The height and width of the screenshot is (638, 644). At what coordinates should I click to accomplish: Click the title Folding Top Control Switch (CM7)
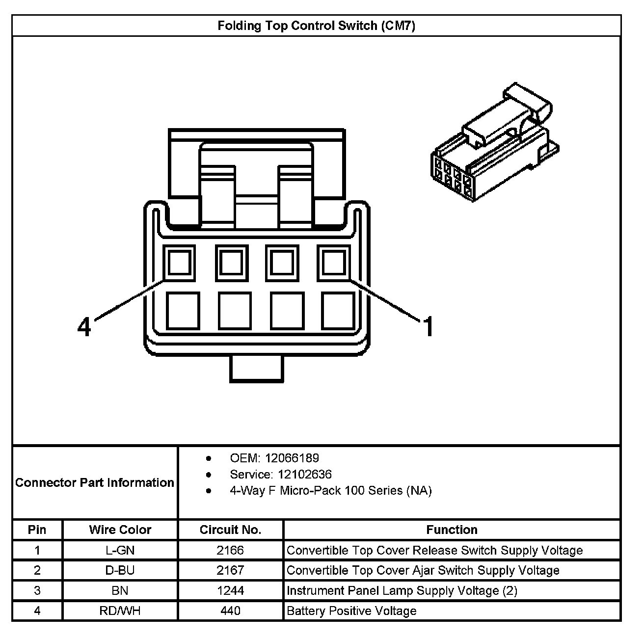[316, 26]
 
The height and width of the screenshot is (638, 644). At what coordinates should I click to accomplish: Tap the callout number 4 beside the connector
[84, 327]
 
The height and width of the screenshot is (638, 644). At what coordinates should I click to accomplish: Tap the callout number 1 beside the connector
[429, 327]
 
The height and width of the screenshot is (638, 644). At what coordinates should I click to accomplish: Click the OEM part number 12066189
[292, 458]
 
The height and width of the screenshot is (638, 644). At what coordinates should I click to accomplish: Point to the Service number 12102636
[304, 475]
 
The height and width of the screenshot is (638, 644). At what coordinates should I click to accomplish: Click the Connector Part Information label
[95, 483]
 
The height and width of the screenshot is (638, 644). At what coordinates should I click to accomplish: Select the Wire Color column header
[120, 530]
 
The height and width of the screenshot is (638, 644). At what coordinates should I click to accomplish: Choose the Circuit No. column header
[230, 530]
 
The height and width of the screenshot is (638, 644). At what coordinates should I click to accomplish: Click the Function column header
[452, 530]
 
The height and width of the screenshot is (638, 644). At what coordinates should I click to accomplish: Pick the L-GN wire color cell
[120, 551]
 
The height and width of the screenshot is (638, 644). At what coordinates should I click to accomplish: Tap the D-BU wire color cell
[120, 571]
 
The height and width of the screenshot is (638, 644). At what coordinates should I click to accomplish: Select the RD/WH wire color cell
[120, 611]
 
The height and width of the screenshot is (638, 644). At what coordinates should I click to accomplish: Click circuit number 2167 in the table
[230, 571]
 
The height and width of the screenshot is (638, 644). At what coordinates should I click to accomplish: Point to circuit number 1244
[230, 591]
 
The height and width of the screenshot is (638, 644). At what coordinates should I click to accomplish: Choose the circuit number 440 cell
[230, 611]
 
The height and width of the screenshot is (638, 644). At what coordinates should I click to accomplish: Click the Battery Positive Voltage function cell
[351, 611]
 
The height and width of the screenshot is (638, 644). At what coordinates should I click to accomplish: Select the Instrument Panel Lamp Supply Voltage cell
[402, 591]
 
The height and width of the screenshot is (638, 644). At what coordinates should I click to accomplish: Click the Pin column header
[37, 530]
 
